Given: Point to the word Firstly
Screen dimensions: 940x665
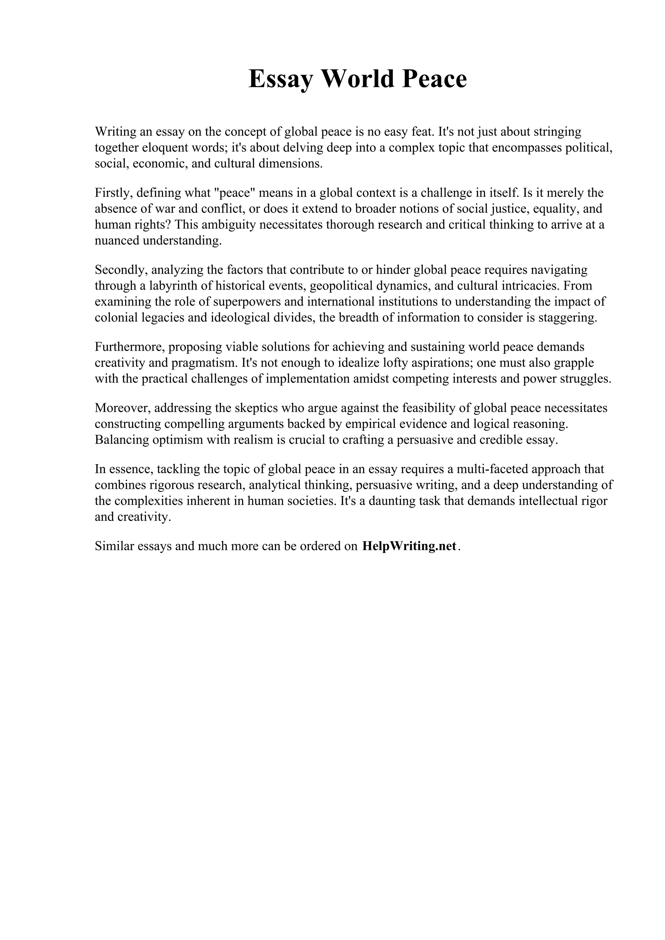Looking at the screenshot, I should tap(114, 193).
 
